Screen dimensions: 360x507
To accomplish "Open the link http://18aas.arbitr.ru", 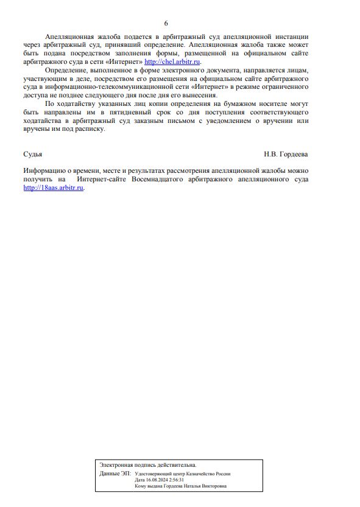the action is (x=54, y=188).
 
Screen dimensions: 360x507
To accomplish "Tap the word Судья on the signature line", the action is (x=32, y=155).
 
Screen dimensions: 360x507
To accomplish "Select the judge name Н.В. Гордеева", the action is (x=286, y=155).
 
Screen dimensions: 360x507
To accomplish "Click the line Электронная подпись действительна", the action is (x=147, y=464).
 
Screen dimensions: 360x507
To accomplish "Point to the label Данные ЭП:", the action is (x=115, y=473).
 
